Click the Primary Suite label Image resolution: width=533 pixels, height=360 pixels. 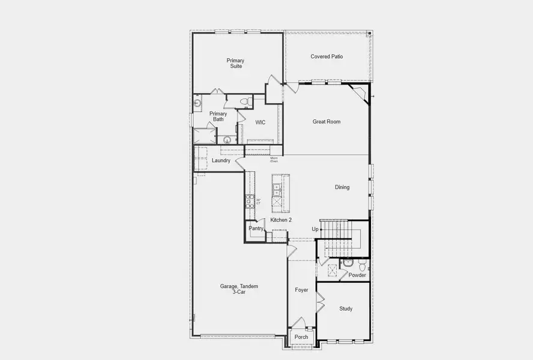pos(235,63)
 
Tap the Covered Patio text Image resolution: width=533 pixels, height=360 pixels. pos(327,56)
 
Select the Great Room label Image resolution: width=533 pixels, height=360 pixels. pos(327,122)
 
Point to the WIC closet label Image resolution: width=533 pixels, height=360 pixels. pos(260,122)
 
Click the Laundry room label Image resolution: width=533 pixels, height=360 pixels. pos(221,160)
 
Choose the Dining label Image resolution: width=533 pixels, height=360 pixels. pos(342,187)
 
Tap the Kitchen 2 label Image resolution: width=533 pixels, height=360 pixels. pos(280,220)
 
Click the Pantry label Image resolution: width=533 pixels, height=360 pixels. pos(256,228)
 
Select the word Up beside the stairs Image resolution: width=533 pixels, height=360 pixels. pos(315,229)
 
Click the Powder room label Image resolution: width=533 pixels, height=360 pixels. pos(357,275)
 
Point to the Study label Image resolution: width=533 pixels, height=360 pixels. pos(346,308)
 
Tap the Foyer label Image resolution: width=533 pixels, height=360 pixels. pos(301,290)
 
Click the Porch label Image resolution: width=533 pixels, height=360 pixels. pos(301,337)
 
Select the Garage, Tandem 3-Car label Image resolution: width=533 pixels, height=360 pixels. pos(239,290)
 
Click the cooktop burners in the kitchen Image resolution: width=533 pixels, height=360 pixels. pos(250,202)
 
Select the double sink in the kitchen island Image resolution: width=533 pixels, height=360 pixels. pos(277,190)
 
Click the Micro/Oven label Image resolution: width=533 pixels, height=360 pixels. pos(274,160)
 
